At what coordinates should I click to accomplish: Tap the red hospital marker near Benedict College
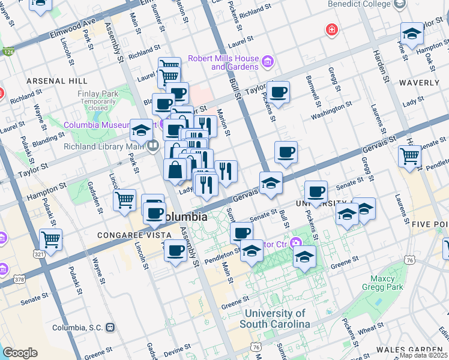tap(330, 29)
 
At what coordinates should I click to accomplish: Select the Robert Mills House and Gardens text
tap(223, 62)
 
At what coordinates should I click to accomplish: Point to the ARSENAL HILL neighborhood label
tap(56, 81)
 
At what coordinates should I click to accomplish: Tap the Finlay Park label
tap(98, 94)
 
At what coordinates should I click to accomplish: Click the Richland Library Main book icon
tap(153, 145)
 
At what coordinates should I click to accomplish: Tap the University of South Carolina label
tap(276, 319)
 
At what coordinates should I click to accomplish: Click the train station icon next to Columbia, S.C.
tap(110, 328)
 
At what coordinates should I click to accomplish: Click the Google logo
tap(20, 353)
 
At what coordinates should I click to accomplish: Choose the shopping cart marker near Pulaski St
tap(50, 240)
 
